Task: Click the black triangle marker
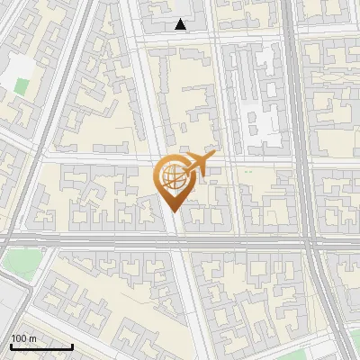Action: coord(181,25)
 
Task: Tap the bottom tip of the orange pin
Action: coord(172,211)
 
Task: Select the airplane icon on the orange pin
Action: coord(199,164)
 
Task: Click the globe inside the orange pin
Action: coord(172,177)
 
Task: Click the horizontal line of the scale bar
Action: coord(41,346)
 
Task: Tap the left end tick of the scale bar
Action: coord(11,345)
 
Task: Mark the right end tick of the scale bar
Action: coord(72,345)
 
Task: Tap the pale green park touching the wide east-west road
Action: coord(20,264)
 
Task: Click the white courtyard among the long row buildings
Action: coord(256,117)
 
